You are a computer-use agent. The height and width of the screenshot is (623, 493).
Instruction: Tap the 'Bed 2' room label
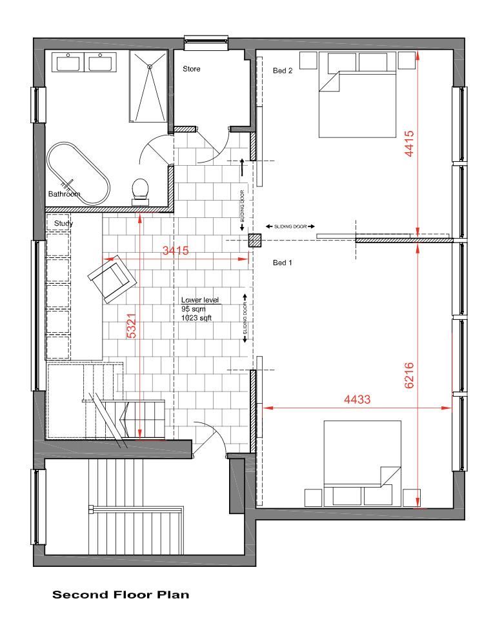tap(283, 72)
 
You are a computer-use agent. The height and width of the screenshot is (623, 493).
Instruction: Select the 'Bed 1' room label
tap(283, 262)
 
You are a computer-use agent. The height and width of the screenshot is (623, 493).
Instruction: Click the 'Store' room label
tap(192, 68)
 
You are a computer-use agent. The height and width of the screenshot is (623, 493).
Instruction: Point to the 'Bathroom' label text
tap(64, 194)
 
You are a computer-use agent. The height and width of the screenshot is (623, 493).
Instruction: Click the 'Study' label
tap(63, 224)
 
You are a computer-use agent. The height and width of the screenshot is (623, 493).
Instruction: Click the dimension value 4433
tap(357, 400)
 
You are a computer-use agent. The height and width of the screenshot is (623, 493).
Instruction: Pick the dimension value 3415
tap(175, 252)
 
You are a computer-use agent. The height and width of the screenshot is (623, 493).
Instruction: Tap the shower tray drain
tap(150, 65)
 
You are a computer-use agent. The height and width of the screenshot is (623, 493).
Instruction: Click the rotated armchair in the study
tap(113, 278)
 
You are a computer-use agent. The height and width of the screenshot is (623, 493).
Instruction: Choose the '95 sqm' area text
tap(192, 309)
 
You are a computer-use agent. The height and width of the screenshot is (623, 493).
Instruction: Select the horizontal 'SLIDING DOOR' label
tap(290, 227)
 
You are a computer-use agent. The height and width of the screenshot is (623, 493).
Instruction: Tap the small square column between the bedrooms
tap(256, 241)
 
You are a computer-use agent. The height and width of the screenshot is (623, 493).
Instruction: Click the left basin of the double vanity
tap(67, 64)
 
